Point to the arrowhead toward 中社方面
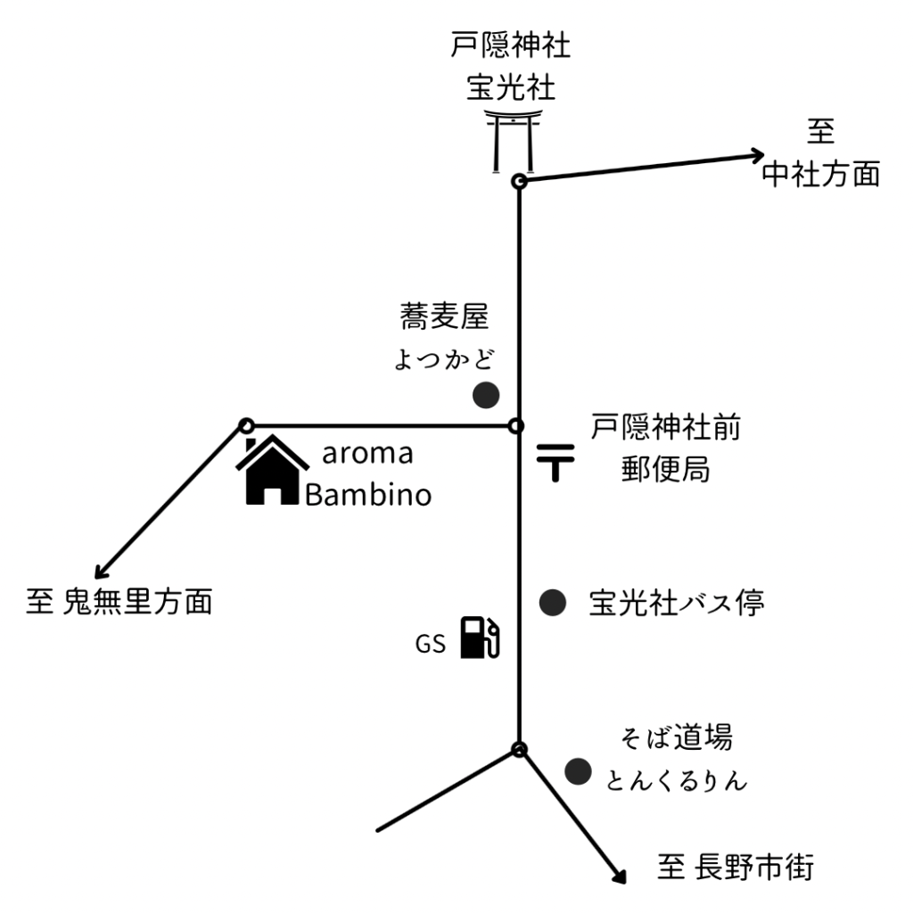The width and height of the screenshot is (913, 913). (758, 154)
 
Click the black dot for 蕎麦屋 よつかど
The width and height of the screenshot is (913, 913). (485, 395)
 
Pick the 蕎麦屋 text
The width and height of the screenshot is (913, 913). (445, 316)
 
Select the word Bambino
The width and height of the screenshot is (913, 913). (368, 495)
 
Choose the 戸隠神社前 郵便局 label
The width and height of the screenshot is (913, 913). (665, 448)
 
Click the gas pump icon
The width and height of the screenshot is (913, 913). (479, 638)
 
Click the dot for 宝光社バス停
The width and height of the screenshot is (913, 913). (553, 603)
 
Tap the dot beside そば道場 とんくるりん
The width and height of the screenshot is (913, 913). (579, 770)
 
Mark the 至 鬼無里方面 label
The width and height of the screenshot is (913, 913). (119, 602)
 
